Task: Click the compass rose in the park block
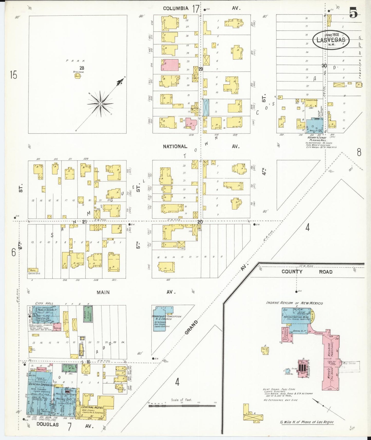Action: tap(100, 104)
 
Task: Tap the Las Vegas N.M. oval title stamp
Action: tap(331, 40)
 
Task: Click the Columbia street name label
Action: tap(176, 8)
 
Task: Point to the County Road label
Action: tap(307, 272)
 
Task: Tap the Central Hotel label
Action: tap(92, 407)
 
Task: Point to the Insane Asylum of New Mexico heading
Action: tap(294, 303)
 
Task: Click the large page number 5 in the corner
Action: tap(353, 13)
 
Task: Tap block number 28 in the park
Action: tap(82, 68)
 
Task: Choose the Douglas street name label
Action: tap(47, 424)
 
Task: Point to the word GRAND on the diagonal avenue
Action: tap(191, 327)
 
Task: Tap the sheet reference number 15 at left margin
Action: tap(13, 75)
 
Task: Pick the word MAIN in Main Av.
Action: tap(103, 292)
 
